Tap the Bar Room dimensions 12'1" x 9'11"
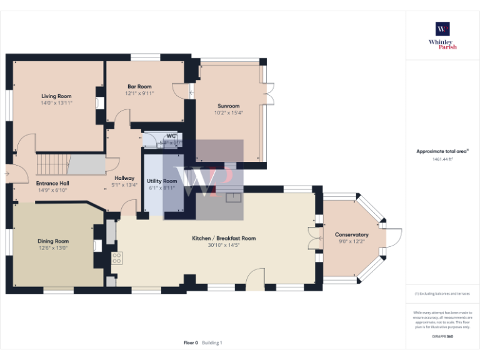click(x=139, y=93)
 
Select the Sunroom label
click(x=228, y=106)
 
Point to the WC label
click(x=171, y=136)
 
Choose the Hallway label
click(x=124, y=178)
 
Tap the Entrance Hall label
click(x=52, y=183)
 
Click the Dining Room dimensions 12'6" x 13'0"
click(x=53, y=248)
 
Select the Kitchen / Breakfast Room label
click(x=223, y=238)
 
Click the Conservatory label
click(x=351, y=234)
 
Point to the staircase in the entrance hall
click(x=52, y=165)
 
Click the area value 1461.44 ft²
click(x=442, y=159)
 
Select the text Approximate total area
click(x=441, y=151)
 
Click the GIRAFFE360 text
click(x=442, y=336)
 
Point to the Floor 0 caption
click(x=191, y=342)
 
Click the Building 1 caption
click(x=212, y=342)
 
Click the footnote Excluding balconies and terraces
click(x=442, y=293)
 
